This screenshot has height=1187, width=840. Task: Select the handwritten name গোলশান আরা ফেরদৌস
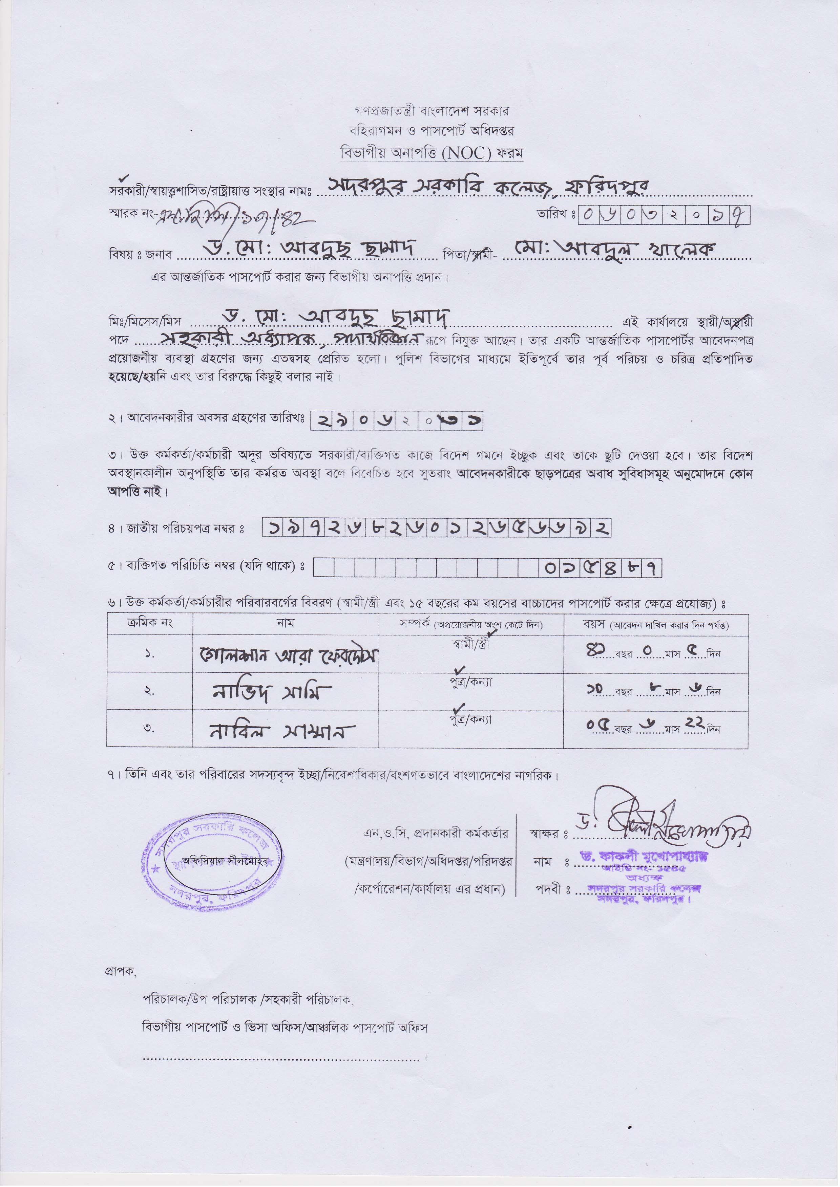coord(289,655)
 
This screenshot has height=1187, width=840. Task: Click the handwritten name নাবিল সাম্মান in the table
coord(281,731)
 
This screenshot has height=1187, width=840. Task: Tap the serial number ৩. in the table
coord(149,729)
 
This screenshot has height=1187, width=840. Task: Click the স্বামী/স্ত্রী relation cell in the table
coord(470,645)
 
